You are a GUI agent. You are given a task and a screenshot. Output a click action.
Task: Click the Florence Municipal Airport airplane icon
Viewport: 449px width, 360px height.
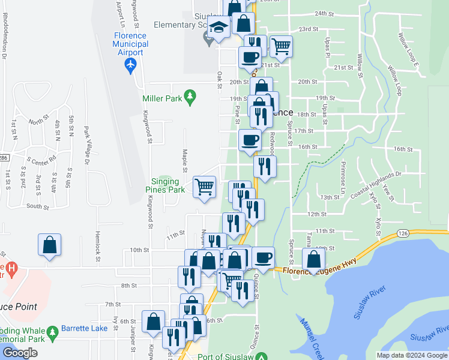(131, 67)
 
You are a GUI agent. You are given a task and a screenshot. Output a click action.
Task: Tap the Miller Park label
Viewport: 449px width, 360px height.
(161, 98)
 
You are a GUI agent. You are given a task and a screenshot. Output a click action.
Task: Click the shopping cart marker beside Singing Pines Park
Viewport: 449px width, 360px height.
(204, 186)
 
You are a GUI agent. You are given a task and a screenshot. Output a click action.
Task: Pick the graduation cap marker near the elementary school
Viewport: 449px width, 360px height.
(219, 28)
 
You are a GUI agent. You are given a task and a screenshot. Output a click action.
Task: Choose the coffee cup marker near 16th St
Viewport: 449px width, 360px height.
(250, 141)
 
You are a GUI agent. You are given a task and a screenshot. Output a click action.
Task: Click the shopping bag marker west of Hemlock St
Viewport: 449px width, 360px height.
(50, 245)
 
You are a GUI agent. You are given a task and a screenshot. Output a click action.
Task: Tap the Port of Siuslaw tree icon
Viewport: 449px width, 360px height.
(261, 357)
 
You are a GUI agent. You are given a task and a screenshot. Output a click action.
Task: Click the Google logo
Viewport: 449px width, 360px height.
(20, 353)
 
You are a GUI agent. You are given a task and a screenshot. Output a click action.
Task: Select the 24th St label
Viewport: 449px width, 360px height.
(324, 13)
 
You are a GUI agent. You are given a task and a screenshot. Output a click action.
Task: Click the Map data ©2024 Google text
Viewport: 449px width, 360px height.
(411, 355)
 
